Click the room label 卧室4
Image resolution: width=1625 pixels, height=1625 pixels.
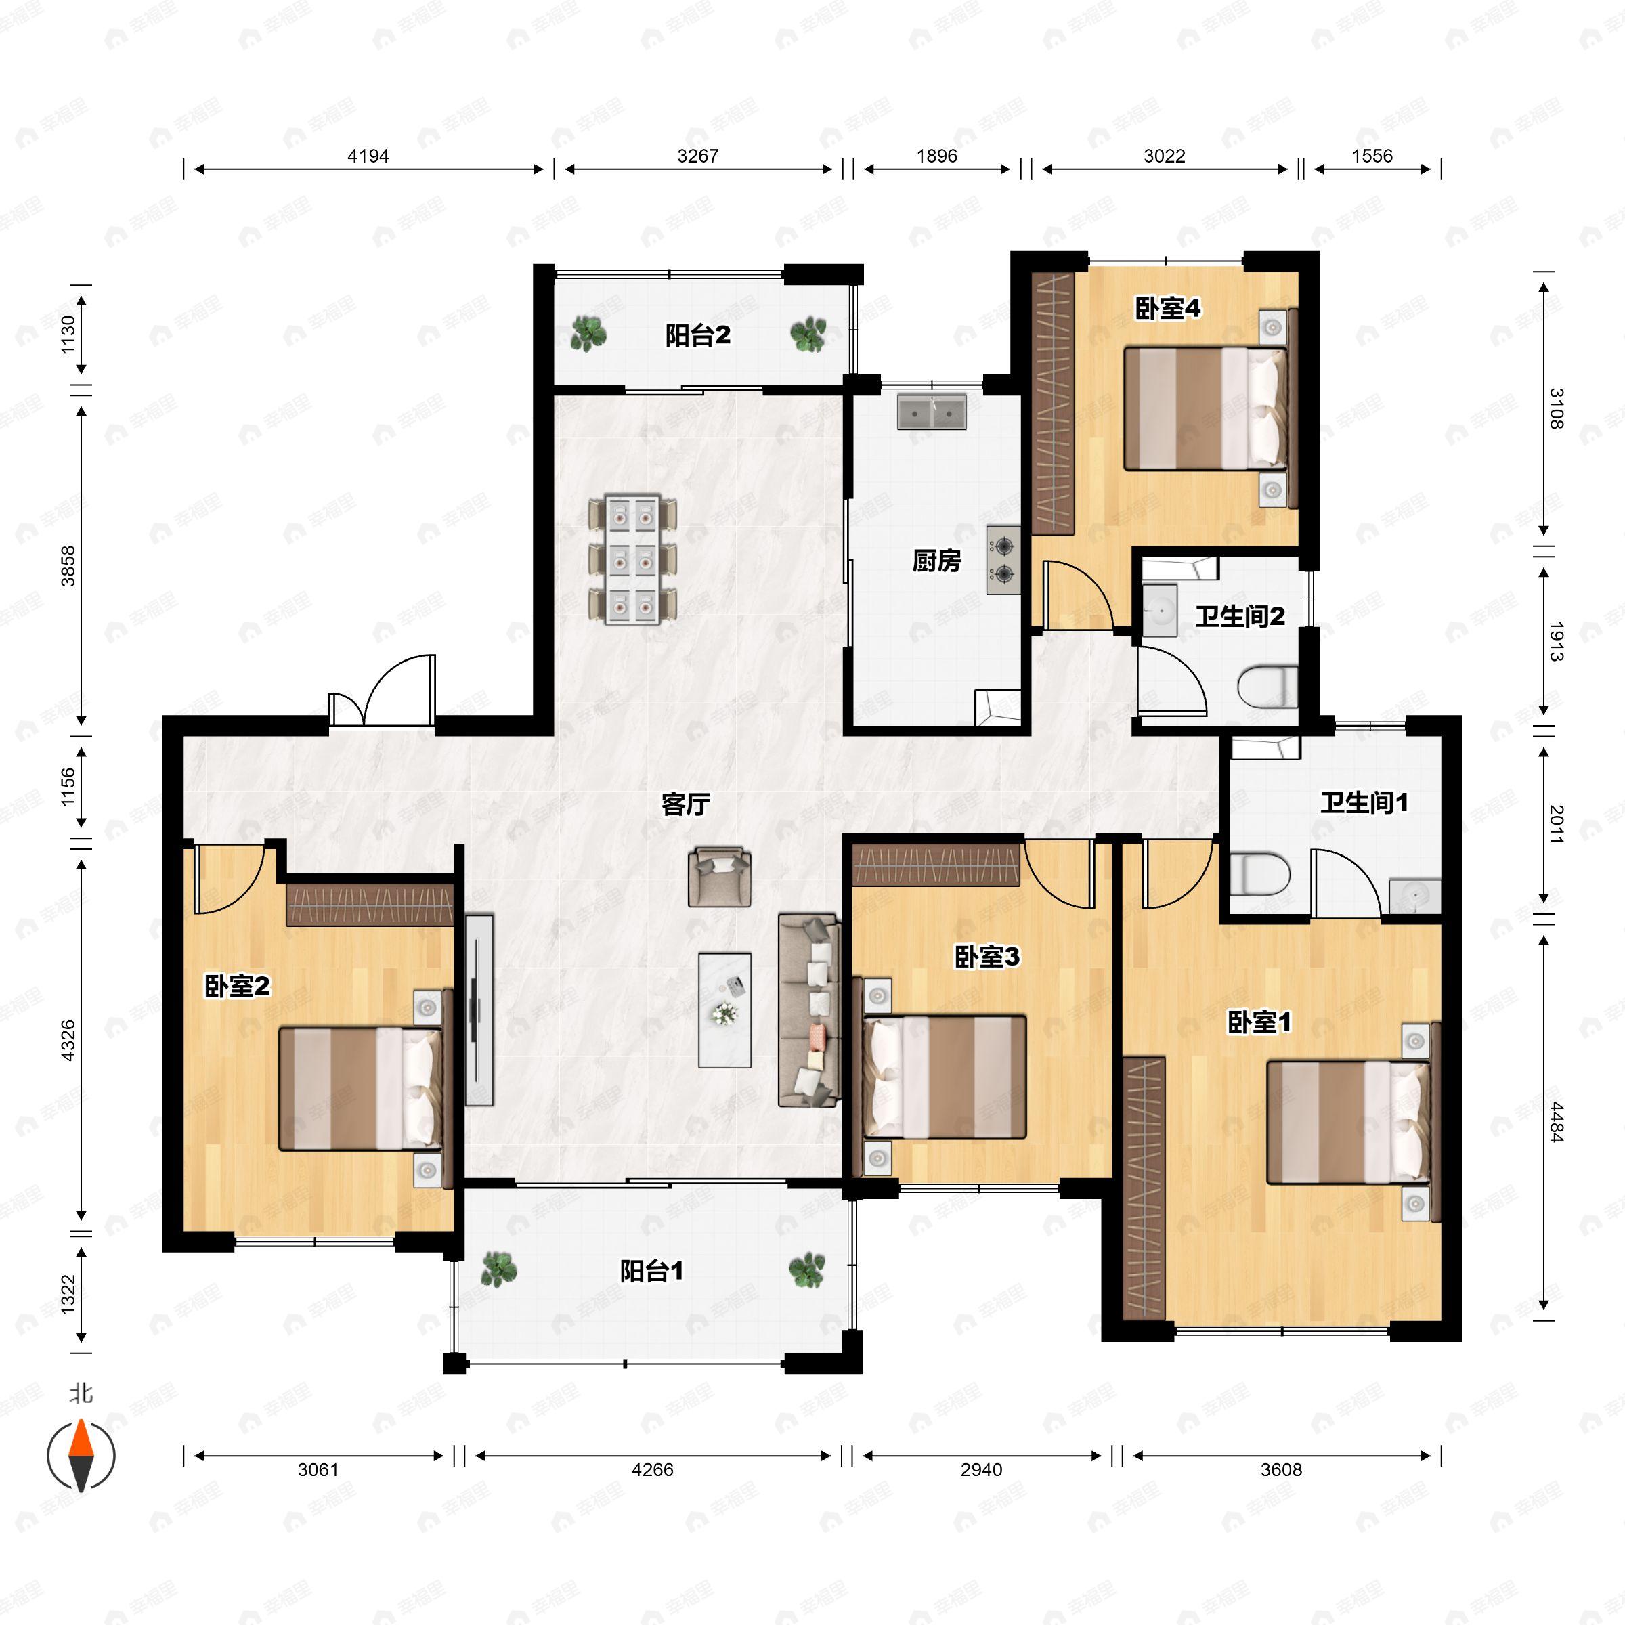[1167, 309]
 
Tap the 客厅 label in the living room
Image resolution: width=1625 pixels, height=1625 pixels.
[685, 805]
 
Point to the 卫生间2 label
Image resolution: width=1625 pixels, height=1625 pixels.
[1240, 617]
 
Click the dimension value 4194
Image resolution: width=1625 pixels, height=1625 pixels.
[368, 156]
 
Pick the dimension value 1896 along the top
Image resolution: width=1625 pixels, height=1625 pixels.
[937, 156]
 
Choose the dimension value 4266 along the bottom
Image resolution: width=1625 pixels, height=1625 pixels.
[653, 1469]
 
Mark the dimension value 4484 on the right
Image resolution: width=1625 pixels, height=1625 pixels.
[1556, 1122]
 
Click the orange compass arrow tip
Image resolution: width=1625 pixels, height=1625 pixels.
[81, 1421]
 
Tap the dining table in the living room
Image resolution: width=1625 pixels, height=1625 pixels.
[632, 560]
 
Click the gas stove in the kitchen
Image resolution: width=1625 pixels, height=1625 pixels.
[1003, 560]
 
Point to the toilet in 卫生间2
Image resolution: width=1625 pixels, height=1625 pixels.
[1267, 687]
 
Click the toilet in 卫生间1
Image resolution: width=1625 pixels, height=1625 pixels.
[1259, 875]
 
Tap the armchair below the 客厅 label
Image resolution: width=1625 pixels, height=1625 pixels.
[719, 876]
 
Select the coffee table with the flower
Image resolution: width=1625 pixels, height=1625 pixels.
[724, 1010]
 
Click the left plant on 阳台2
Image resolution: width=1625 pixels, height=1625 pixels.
[588, 333]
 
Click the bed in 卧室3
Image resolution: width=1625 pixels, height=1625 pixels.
[940, 1077]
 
